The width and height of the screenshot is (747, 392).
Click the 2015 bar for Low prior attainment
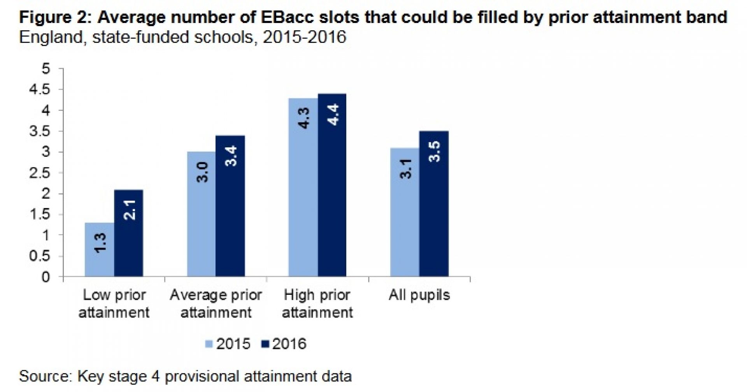coord(100,250)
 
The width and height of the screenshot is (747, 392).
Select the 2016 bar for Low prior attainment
coord(128,233)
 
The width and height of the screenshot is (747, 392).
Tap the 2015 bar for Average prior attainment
coord(202,214)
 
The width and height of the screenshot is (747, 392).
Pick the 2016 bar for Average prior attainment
coord(230,206)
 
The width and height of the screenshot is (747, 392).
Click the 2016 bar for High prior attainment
coord(332,185)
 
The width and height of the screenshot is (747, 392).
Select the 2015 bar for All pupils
coord(405,212)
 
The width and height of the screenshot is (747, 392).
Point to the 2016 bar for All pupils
coord(434,204)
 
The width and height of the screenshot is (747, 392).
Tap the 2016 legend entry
coord(284,344)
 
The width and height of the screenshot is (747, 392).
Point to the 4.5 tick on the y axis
coord(40,90)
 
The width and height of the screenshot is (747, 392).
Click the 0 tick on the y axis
coord(46,277)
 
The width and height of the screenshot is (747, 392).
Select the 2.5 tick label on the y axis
coord(40,173)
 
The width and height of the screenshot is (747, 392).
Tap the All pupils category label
coord(419,295)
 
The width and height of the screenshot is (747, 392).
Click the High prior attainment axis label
coord(317,304)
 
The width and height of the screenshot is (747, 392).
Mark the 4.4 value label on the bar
coord(333,115)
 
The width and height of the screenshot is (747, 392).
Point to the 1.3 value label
coord(100,243)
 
